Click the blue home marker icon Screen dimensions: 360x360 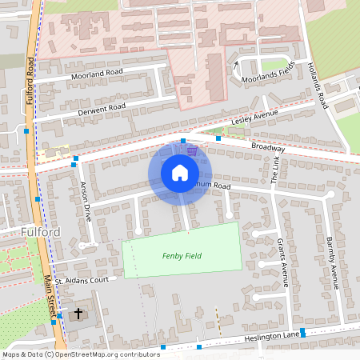[x=180, y=173]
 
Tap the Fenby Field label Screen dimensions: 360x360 [x=182, y=256]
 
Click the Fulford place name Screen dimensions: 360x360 [x=38, y=232]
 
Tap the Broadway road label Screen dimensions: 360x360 [x=267, y=147]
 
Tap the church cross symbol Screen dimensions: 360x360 [x=78, y=313]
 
